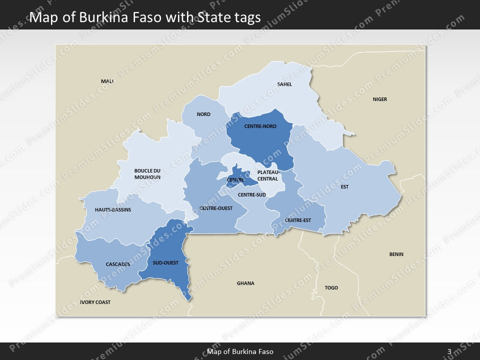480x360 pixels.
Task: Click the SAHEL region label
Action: [x=284, y=84]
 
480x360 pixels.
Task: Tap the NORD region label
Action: [x=203, y=114]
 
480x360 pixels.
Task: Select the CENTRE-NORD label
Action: [x=260, y=126]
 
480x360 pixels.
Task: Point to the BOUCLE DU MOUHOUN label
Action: [x=147, y=174]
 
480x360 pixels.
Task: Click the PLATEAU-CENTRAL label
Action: [x=267, y=175]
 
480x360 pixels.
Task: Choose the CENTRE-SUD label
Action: [x=251, y=194]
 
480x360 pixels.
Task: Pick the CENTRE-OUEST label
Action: [x=216, y=208]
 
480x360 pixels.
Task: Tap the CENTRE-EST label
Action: [x=297, y=220]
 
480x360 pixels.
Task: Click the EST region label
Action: [x=344, y=187]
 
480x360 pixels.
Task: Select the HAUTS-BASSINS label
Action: [x=113, y=210]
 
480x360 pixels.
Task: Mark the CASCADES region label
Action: [x=118, y=264]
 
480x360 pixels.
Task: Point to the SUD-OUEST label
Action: [x=165, y=263]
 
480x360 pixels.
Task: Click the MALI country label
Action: [x=107, y=81]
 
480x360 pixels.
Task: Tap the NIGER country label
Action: [x=380, y=99]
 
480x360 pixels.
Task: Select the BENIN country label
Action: [x=396, y=254]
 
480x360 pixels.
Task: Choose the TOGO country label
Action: [x=331, y=288]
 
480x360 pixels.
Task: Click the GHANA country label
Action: [x=245, y=283]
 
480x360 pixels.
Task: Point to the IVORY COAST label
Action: [x=95, y=302]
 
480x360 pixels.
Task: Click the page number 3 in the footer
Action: [x=449, y=351]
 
